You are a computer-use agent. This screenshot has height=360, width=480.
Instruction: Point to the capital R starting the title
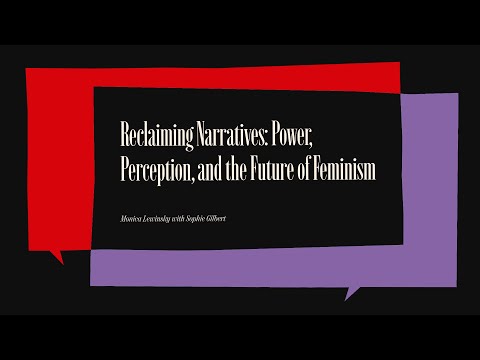(123, 136)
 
